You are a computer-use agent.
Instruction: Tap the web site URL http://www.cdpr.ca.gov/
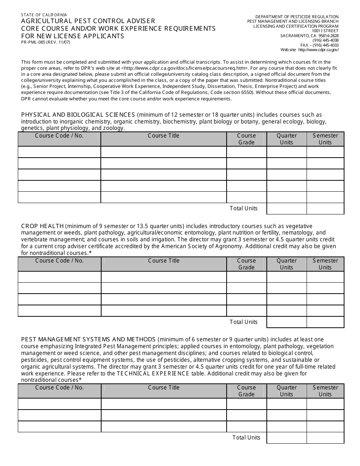(x=318, y=50)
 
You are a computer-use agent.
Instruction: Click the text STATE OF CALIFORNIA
(x=44, y=15)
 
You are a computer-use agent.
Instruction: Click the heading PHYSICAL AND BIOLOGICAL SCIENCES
(x=78, y=115)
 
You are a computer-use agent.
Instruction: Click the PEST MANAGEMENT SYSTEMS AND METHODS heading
(x=88, y=339)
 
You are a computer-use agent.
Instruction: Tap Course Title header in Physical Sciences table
(x=163, y=136)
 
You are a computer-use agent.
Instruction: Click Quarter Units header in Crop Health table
(x=286, y=264)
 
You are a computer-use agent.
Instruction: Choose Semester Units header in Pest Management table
(x=325, y=391)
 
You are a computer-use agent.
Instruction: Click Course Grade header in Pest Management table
(x=246, y=391)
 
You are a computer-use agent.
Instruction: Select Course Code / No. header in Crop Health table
(x=59, y=261)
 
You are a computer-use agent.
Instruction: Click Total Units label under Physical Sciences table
(x=243, y=208)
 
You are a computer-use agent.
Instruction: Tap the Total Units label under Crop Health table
(x=243, y=322)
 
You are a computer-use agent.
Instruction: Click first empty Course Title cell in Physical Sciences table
(x=163, y=152)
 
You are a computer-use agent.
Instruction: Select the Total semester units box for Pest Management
(x=325, y=438)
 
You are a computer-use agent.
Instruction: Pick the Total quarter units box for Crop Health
(x=286, y=322)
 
